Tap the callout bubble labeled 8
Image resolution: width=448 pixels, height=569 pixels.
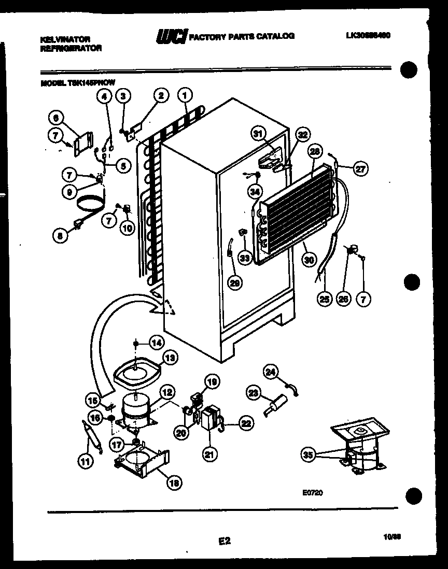click(x=61, y=235)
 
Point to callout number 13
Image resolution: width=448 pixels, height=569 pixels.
click(x=170, y=357)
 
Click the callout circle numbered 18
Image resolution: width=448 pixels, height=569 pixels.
click(x=175, y=483)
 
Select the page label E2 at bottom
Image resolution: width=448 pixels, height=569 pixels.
click(x=224, y=541)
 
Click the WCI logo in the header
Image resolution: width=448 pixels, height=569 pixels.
click(x=172, y=36)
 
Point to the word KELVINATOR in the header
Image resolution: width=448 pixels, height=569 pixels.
click(x=65, y=39)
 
